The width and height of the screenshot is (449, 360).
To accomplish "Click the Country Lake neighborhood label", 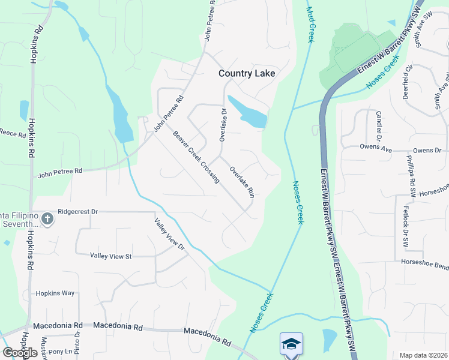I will coord(247,73).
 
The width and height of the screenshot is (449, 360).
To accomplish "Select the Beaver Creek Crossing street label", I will coord(196,157).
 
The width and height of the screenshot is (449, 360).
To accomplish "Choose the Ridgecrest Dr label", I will coord(77,212).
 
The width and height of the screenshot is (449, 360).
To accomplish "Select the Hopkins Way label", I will coord(55,293).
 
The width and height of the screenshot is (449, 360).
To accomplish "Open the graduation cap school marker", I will coord(291,344).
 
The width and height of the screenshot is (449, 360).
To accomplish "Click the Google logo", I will coord(20,352).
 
